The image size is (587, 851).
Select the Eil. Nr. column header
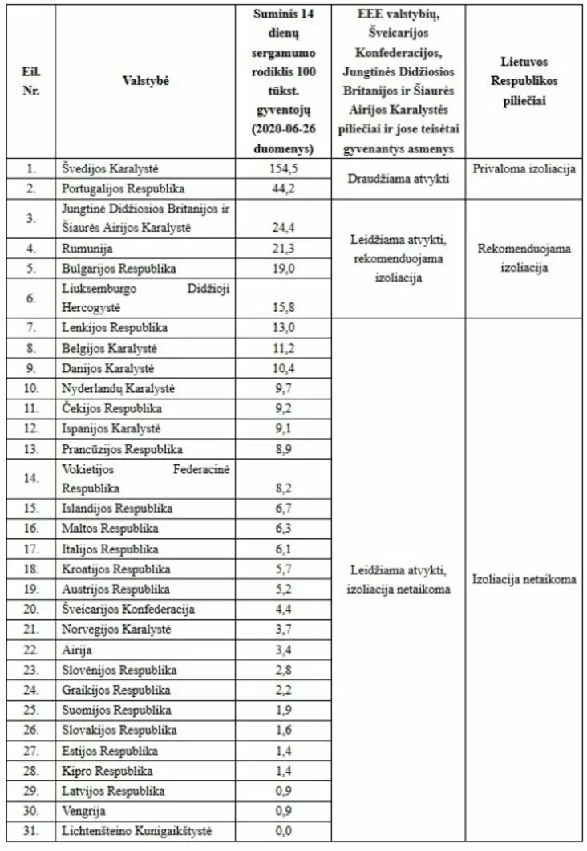[30, 80]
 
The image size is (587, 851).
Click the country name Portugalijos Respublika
[123, 189]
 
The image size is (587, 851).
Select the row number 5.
[30, 269]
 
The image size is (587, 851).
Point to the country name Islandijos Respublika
[116, 509]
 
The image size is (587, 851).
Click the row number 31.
[30, 830]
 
